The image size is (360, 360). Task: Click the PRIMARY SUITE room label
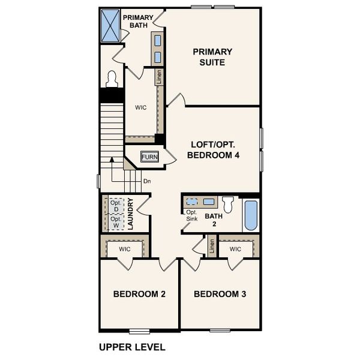pos(212,57)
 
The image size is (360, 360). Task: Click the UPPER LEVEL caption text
pos(131,347)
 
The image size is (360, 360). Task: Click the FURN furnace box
pos(149,157)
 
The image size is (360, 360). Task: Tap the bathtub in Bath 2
pos(251,216)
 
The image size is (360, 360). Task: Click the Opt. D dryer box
pos(115,206)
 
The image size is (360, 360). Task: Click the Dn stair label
pos(146,181)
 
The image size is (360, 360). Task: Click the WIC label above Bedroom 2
pos(125,248)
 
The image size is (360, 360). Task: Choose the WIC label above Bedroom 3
pos(235,248)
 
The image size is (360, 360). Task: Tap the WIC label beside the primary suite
pos(141,108)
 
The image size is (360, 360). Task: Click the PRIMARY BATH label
pos(138,22)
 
